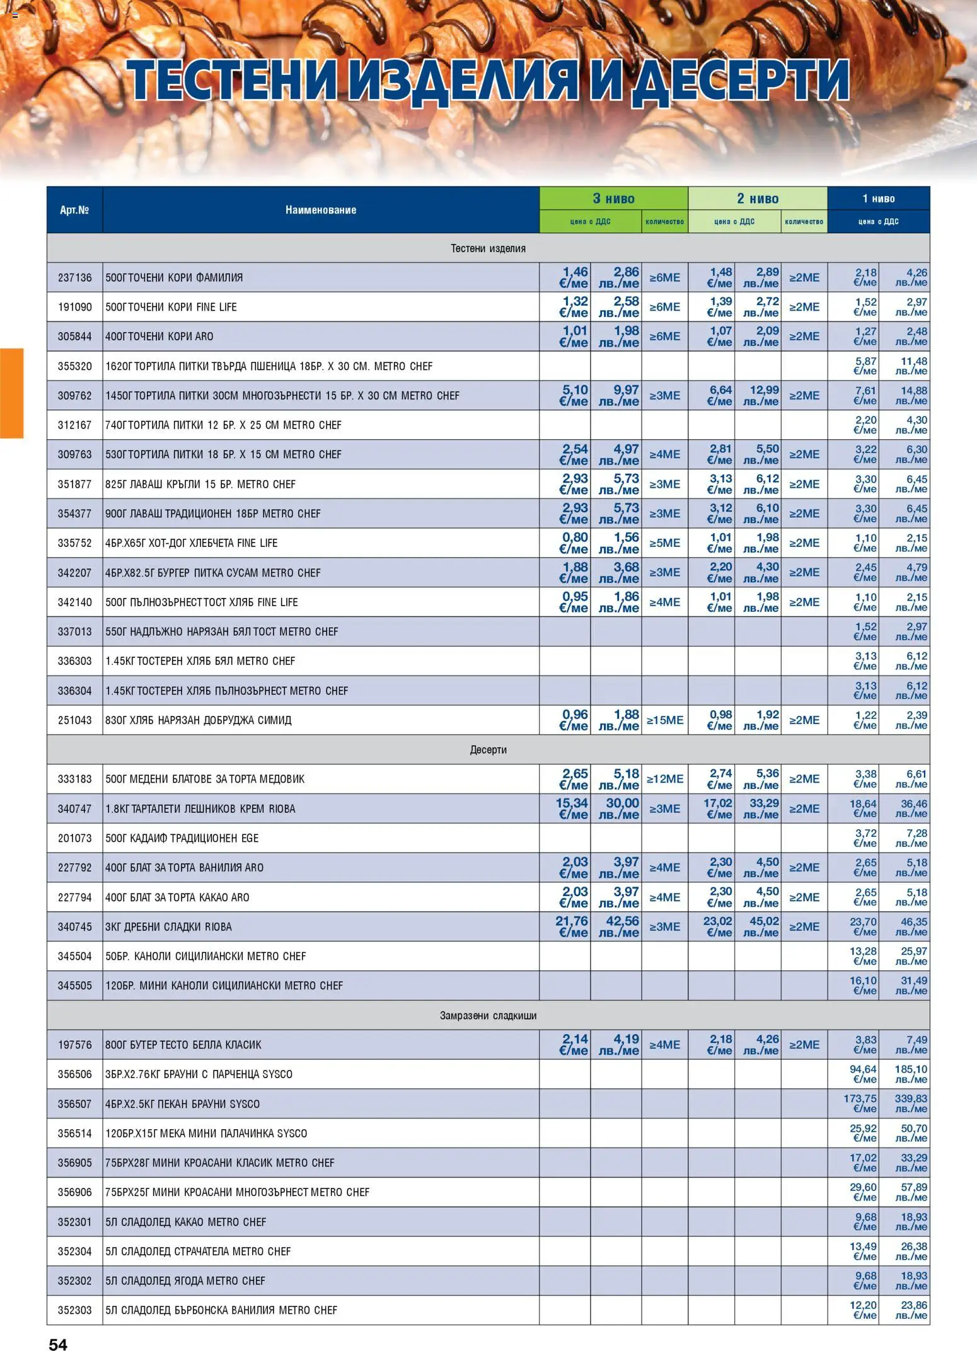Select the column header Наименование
click(320, 210)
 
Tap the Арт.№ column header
click(74, 210)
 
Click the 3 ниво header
click(613, 198)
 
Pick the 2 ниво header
click(757, 198)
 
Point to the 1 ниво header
click(878, 198)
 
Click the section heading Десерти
click(488, 750)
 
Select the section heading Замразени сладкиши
click(488, 1015)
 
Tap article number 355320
click(74, 366)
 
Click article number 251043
click(74, 720)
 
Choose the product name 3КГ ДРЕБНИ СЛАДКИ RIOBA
click(168, 927)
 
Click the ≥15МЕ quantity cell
click(664, 720)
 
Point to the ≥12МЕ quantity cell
click(664, 779)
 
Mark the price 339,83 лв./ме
click(911, 1103)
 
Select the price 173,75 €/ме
click(860, 1103)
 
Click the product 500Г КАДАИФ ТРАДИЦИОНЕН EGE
click(182, 838)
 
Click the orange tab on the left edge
click(11, 393)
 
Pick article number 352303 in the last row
click(74, 1310)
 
